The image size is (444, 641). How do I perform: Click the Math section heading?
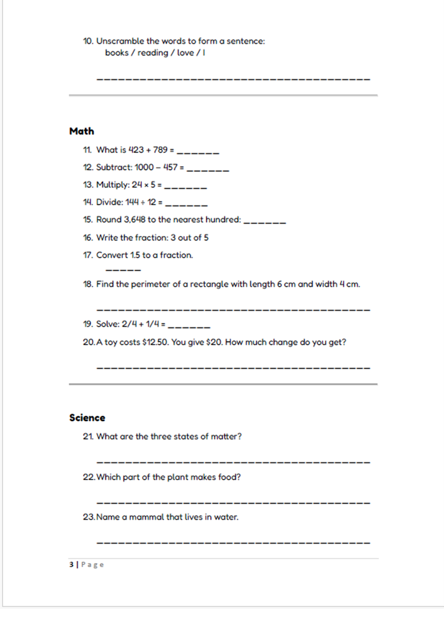pos(81,131)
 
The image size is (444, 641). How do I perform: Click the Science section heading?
pos(87,418)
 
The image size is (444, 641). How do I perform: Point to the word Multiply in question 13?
pos(112,184)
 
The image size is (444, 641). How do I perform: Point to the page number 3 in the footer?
pos(72,565)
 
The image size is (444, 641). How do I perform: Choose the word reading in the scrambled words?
pos(153,53)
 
